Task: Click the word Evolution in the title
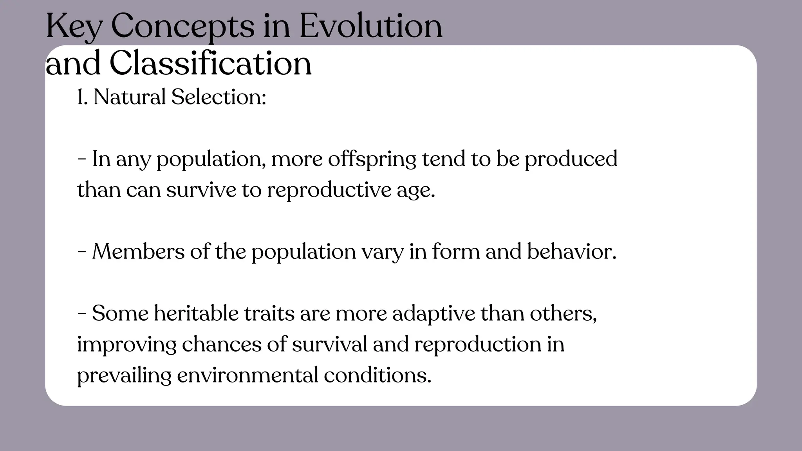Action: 371,26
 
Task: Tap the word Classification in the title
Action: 210,64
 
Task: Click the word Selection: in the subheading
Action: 219,97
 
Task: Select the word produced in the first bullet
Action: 571,159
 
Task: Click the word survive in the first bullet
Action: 201,190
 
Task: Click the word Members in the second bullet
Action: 138,251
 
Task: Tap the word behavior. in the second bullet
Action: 571,251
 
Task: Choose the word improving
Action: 126,345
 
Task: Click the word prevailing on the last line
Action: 124,375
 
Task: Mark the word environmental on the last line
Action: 247,375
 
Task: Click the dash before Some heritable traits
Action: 82,314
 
